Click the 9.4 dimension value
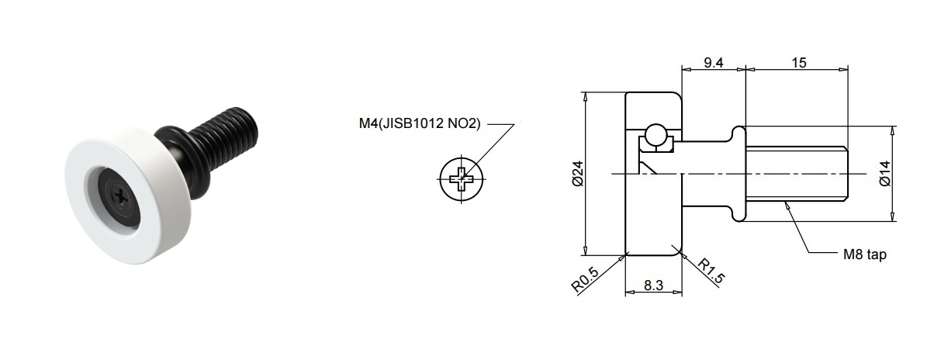pyautogui.click(x=714, y=63)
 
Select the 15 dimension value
pyautogui.click(x=799, y=63)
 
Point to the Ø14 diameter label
pyautogui.click(x=885, y=174)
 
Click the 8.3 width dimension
pyautogui.click(x=653, y=286)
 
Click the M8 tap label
pyautogui.click(x=864, y=254)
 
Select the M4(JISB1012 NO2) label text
pyautogui.click(x=420, y=124)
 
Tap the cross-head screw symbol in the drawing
pyautogui.click(x=461, y=178)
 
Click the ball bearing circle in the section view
pyautogui.click(x=655, y=135)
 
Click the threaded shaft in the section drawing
pyautogui.click(x=797, y=174)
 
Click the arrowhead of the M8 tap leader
pyautogui.click(x=786, y=205)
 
